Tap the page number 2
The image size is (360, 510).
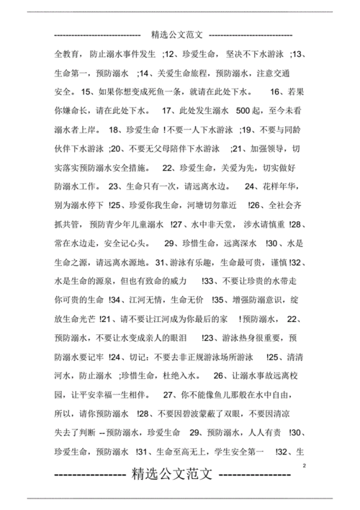click(305, 467)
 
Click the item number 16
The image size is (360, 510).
click(275, 91)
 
